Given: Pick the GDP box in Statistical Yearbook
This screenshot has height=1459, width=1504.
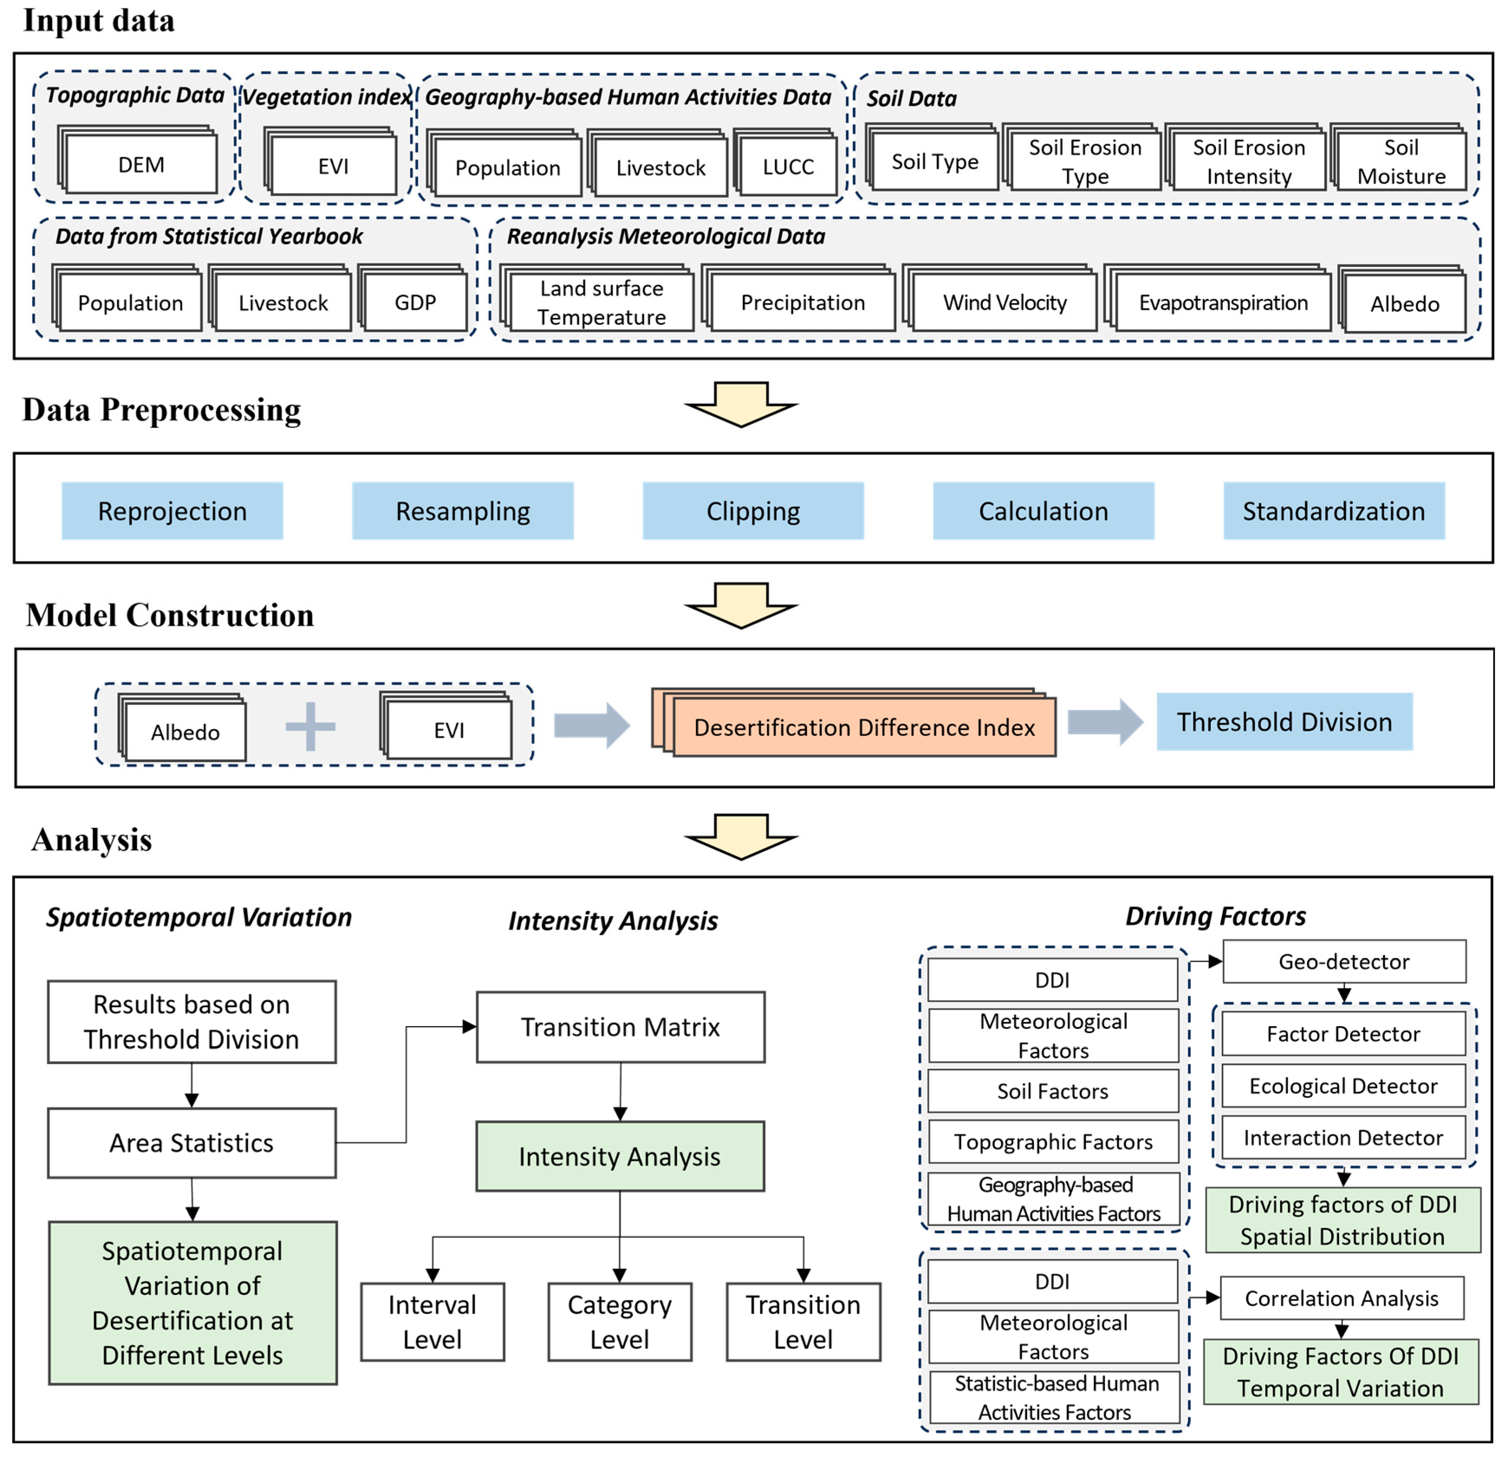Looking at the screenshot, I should click(x=415, y=302).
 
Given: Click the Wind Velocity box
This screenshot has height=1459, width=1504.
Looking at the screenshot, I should click(x=1005, y=302).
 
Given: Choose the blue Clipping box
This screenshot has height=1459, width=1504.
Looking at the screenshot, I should click(x=753, y=511).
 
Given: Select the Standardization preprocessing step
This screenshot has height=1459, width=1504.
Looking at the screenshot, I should click(x=1334, y=511).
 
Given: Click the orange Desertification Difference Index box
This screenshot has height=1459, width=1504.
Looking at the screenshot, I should click(x=864, y=727).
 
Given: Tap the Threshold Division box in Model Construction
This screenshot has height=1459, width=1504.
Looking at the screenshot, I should click(x=1284, y=721).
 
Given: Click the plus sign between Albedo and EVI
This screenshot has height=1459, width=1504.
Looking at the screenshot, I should click(x=310, y=726).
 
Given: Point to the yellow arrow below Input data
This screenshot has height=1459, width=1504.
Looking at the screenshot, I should click(x=741, y=405).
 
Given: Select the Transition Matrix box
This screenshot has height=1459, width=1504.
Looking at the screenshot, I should click(x=620, y=1027).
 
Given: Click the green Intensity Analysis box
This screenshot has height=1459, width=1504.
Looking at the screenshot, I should click(x=619, y=1156).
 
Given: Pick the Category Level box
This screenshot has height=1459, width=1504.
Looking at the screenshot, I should click(x=619, y=1322).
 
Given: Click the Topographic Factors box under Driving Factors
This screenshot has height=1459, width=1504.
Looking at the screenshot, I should click(x=1053, y=1142).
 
